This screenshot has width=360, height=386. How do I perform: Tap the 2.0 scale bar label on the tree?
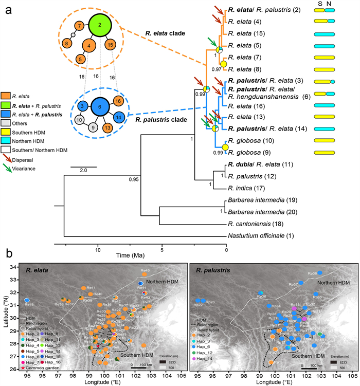pyautogui.click(x=78, y=170)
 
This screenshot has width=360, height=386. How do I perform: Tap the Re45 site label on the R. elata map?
pyautogui.click(x=146, y=271)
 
